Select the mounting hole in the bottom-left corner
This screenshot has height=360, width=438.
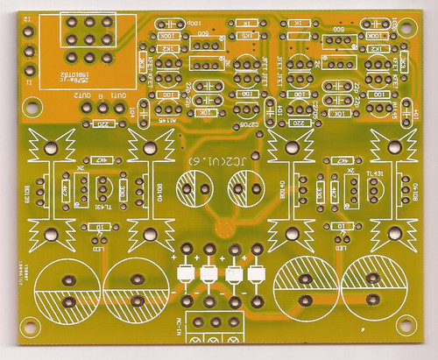(31, 330)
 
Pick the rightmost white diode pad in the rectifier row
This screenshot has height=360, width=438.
(256, 274)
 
